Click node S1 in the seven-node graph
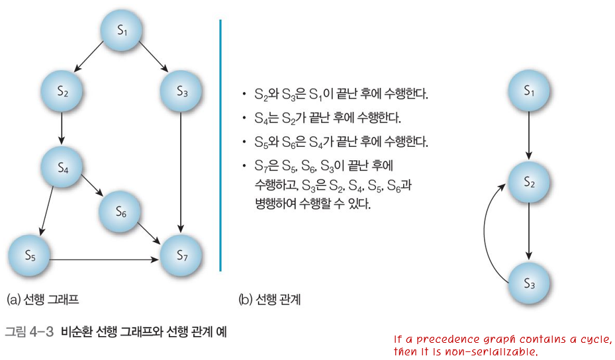tap(122, 30)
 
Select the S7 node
tap(183, 255)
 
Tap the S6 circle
tap(121, 212)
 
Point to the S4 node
tap(63, 169)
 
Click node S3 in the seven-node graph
tap(182, 92)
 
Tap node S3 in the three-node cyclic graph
tap(529, 284)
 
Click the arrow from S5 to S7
tap(106, 259)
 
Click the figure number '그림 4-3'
tap(29, 331)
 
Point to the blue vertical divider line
tap(220, 146)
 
